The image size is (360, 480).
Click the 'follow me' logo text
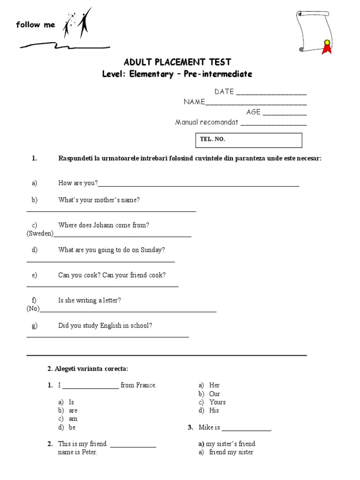tap(35, 25)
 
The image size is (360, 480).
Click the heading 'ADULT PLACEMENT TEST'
tap(177, 62)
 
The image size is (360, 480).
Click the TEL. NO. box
tap(248, 140)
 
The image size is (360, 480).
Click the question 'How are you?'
tap(78, 183)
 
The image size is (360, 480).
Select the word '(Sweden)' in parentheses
tap(40, 233)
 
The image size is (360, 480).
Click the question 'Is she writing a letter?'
tap(90, 300)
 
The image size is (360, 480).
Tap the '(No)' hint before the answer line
tap(33, 308)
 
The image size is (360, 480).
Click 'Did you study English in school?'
tap(105, 325)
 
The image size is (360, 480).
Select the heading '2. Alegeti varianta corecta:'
tap(87, 369)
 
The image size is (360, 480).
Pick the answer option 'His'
tap(214, 410)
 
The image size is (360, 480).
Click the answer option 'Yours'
tap(217, 402)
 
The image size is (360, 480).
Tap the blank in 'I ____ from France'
tap(90, 386)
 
